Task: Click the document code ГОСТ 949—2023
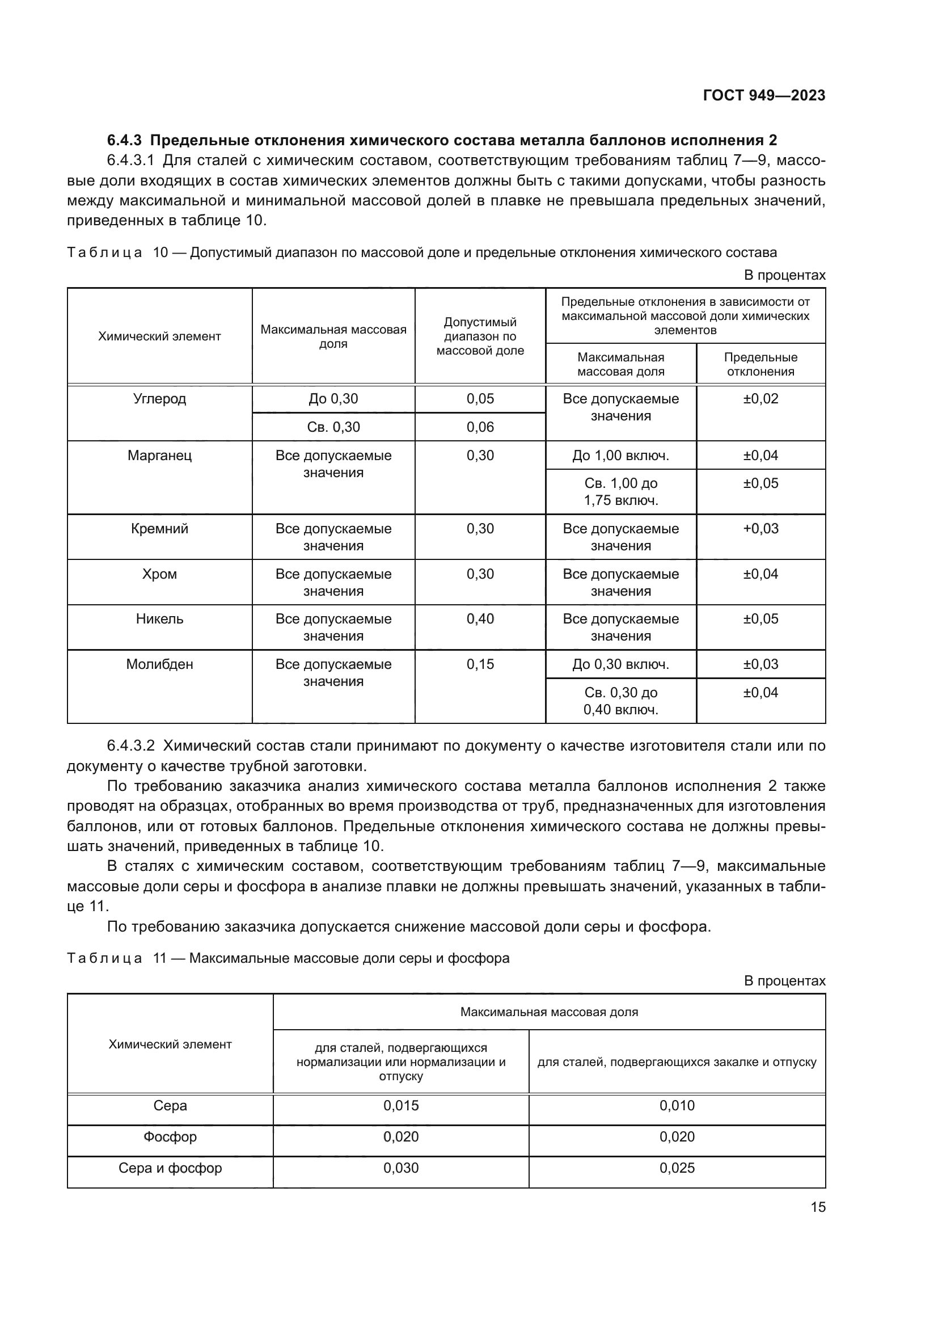[x=763, y=95]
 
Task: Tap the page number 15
[x=818, y=1207]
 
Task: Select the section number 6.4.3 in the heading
[x=124, y=141]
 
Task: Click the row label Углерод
[x=159, y=399]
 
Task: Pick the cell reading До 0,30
[x=333, y=399]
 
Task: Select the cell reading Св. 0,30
[x=333, y=427]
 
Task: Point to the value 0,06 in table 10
[x=480, y=427]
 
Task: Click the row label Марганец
[x=159, y=456]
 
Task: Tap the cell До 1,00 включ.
[x=620, y=456]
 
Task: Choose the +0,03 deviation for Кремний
[x=760, y=528]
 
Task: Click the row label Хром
[x=159, y=574]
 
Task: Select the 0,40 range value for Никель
[x=480, y=619]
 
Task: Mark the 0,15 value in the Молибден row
[x=480, y=664]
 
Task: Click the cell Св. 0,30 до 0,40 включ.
[x=620, y=701]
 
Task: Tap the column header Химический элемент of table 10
[x=159, y=336]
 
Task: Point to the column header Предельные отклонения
[x=760, y=364]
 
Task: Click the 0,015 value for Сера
[x=401, y=1106]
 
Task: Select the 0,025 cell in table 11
[x=677, y=1168]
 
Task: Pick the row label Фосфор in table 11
[x=170, y=1137]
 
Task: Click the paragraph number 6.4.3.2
[x=130, y=745]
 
